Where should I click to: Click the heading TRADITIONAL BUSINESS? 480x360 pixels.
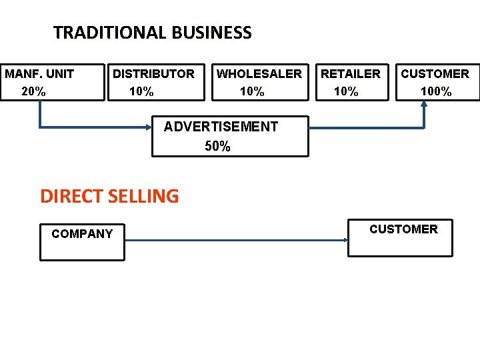pos(153,33)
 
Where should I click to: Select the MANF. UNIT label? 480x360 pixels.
pos(39,73)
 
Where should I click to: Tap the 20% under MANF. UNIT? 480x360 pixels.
pos(34,91)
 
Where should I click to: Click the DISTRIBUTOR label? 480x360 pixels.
pos(153,73)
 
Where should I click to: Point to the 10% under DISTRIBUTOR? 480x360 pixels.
pos(141,91)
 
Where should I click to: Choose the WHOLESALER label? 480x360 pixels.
pos(259,73)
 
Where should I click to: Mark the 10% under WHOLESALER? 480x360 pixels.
pos(252,91)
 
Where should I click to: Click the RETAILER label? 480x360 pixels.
pos(351,73)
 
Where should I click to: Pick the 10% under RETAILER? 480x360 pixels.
pos(346,91)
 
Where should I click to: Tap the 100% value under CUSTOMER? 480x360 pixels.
pos(436,91)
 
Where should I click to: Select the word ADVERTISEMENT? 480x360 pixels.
pos(221,127)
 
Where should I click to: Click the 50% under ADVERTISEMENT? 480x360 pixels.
pos(218,146)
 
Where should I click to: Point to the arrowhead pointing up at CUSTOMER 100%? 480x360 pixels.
pos(424,105)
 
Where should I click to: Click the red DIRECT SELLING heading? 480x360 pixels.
pos(109,196)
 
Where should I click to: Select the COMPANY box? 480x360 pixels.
pos(82,241)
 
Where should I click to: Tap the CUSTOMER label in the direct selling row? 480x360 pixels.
pos(403,229)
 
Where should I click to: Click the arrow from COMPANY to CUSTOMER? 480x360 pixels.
pos(233,241)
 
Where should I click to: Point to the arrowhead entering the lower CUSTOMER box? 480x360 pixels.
pos(345,241)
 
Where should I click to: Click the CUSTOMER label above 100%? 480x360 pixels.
pos(435,73)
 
